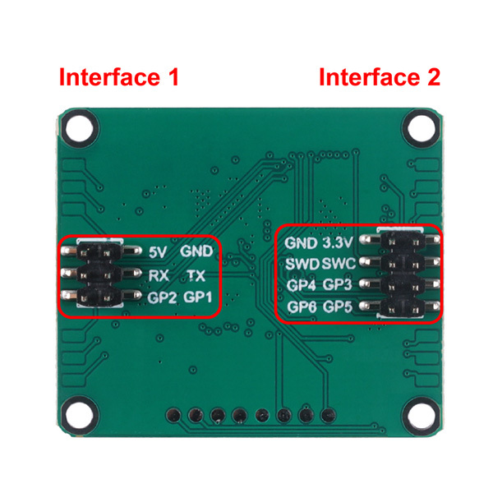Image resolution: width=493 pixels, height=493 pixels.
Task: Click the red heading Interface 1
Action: click(118, 78)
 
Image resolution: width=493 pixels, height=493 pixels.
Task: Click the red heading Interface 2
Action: click(379, 78)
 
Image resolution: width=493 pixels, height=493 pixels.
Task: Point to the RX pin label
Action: click(159, 274)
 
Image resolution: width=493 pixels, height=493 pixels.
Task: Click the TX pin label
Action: click(196, 274)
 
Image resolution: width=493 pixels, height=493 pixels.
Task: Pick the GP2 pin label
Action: click(163, 297)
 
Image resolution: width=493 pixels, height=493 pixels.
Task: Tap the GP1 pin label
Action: click(199, 297)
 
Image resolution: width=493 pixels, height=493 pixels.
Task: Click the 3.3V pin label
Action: click(338, 243)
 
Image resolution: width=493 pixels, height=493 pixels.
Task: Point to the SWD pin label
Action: click(302, 264)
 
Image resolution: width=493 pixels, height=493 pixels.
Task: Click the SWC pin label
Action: click(339, 264)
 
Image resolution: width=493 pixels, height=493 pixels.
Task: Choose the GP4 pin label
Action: click(301, 285)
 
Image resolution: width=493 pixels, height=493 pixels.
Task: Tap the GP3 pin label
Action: click(338, 285)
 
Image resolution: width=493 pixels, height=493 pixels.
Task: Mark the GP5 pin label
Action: click(338, 307)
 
